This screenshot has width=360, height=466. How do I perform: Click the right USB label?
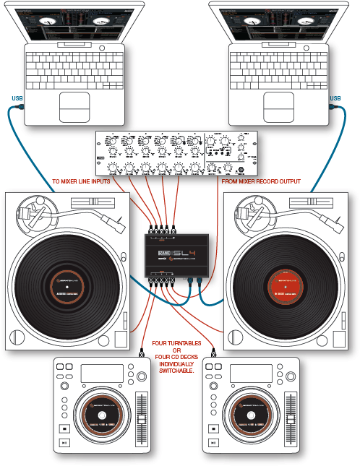335,98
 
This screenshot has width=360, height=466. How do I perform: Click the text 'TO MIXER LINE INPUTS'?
81,181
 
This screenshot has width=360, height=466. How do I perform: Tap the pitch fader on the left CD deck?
142,420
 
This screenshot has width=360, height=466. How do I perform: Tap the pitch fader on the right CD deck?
291,420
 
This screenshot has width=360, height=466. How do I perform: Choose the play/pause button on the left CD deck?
65,443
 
